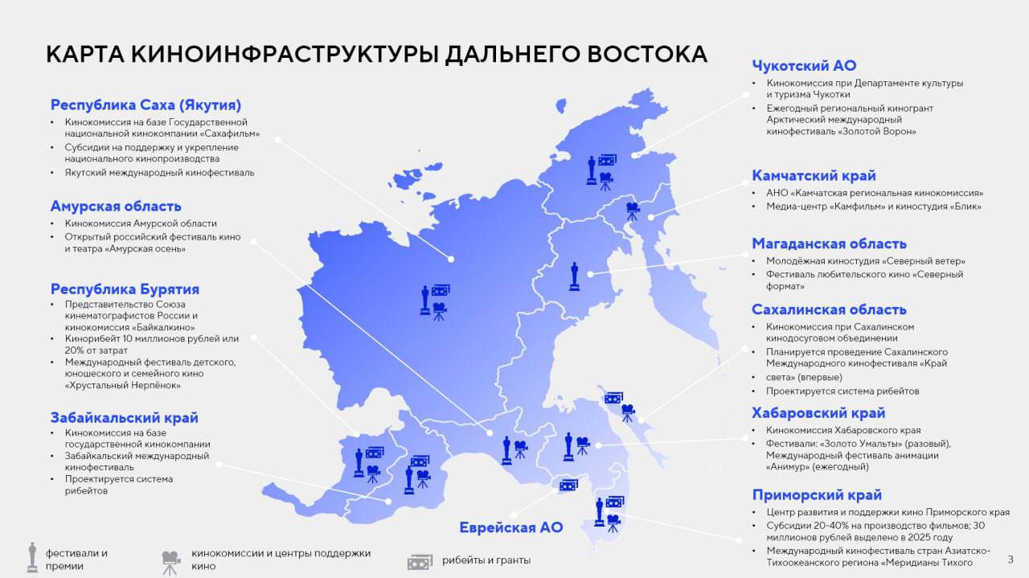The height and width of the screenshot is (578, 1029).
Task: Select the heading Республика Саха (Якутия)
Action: click(146, 105)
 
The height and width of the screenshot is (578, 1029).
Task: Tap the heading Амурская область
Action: click(116, 206)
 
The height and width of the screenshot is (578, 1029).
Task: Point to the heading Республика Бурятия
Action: click(125, 289)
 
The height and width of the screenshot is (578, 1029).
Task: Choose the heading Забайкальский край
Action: click(124, 417)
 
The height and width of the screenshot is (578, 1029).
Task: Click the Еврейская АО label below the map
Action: click(510, 527)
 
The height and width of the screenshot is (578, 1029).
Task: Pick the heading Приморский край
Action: click(817, 494)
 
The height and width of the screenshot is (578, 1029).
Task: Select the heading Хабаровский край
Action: click(818, 412)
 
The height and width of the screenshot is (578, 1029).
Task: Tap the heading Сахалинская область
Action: click(829, 309)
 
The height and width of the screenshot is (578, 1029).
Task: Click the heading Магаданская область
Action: click(829, 243)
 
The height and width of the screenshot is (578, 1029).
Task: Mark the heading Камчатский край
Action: click(814, 175)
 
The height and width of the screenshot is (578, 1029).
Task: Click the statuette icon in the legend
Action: click(32, 557)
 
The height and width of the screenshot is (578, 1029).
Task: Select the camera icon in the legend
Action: click(170, 561)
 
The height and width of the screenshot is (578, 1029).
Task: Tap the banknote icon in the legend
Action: click(420, 561)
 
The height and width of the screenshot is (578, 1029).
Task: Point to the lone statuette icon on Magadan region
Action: click(574, 276)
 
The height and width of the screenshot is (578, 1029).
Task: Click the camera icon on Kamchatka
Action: click(633, 211)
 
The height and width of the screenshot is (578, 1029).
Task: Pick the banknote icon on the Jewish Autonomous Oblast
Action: click(568, 485)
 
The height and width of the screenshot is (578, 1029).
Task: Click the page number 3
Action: click(1011, 560)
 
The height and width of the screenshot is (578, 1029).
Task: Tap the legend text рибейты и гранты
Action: click(486, 560)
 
